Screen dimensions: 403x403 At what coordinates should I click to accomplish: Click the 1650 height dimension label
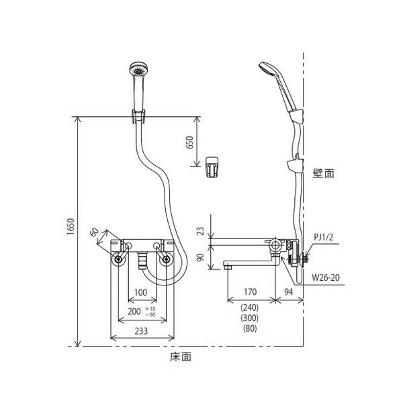(71, 226)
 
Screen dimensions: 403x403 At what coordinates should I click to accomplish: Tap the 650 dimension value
(189, 143)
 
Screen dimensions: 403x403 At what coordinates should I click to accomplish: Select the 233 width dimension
(141, 331)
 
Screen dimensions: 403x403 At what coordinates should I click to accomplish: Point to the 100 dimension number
(141, 292)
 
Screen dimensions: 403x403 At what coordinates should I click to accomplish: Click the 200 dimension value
(134, 312)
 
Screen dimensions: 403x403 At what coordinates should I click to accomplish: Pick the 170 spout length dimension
(250, 292)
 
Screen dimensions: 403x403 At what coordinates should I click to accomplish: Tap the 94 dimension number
(288, 292)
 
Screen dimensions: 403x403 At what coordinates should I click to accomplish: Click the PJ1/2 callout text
(323, 237)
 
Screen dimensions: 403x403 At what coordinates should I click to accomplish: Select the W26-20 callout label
(326, 277)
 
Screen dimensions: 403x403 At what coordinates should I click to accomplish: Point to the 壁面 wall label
(324, 173)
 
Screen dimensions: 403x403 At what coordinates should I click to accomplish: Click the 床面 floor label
(181, 357)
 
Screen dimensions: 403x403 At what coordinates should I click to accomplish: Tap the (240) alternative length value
(250, 308)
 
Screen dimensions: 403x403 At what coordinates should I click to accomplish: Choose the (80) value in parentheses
(250, 328)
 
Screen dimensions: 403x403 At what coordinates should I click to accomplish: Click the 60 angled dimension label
(95, 232)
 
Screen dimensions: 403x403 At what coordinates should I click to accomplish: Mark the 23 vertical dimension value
(201, 231)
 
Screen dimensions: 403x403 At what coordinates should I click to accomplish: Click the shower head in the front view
(139, 69)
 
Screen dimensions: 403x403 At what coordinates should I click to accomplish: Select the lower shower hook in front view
(212, 167)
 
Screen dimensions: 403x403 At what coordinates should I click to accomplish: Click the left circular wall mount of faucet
(118, 259)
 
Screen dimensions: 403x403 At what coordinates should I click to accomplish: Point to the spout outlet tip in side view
(228, 267)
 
